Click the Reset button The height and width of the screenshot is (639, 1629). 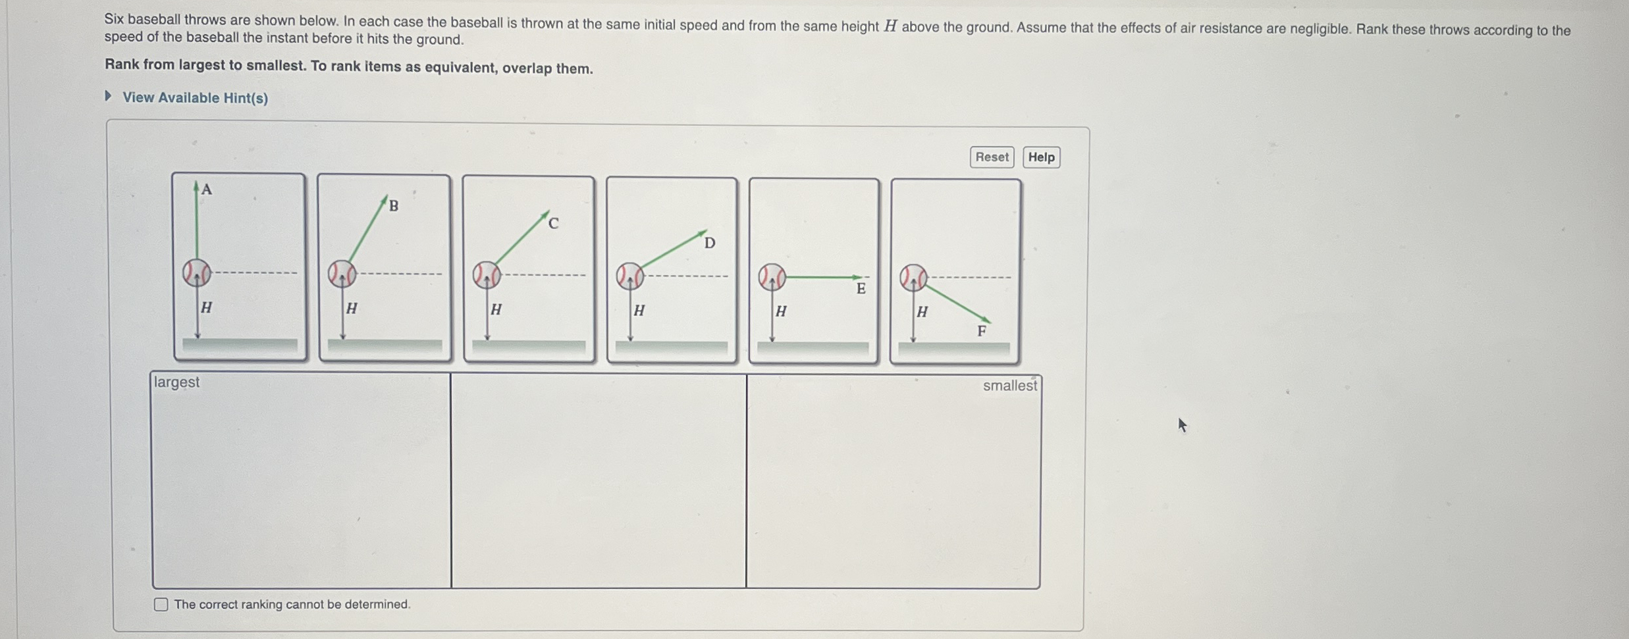[x=992, y=157]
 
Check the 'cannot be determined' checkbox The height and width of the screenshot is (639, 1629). [x=161, y=604]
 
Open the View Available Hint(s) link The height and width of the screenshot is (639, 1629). [x=195, y=98]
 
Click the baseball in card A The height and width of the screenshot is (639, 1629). [x=197, y=272]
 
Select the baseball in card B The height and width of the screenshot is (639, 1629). [x=342, y=274]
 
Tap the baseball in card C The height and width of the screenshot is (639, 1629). [x=487, y=275]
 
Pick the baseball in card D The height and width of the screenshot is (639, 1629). [x=629, y=276]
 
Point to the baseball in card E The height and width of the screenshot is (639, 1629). [x=772, y=277]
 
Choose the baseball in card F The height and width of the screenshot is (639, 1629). [x=913, y=278]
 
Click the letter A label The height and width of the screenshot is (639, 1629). [x=207, y=190]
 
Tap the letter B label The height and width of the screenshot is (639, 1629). [x=394, y=205]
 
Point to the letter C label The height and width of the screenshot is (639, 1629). [x=553, y=224]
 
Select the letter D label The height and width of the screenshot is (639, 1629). [x=709, y=243]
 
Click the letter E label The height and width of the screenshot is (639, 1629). [x=861, y=288]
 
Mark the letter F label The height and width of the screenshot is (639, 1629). [x=982, y=331]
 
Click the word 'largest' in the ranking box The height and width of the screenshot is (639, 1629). [x=176, y=382]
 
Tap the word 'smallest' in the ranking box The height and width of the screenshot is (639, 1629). [x=1010, y=386]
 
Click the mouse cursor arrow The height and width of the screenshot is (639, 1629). [x=1182, y=425]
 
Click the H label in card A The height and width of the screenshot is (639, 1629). [x=206, y=307]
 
